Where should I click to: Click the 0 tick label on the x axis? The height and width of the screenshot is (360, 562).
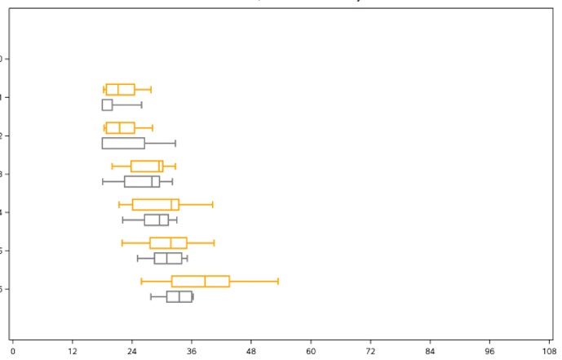[x=12, y=352]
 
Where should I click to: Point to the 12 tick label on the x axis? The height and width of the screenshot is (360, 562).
[x=72, y=352]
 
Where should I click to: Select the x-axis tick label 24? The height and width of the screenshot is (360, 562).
[x=131, y=352]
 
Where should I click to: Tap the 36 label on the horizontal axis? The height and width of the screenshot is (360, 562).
[x=192, y=352]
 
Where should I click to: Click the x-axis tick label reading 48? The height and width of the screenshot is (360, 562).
[x=251, y=352]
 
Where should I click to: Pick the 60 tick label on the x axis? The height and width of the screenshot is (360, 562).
[x=311, y=352]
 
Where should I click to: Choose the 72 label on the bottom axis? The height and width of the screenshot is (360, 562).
[x=370, y=352]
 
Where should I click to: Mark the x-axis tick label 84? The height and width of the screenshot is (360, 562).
[x=430, y=352]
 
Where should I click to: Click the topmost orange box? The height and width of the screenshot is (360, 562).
[x=120, y=89]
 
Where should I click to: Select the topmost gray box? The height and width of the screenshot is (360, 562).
[x=107, y=104]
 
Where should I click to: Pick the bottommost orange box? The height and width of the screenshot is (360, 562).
[x=201, y=281]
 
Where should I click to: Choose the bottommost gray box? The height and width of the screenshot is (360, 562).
[x=179, y=296]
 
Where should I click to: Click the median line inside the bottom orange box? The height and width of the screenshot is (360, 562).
[x=205, y=281]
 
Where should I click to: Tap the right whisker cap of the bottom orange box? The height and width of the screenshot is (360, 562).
[x=278, y=281]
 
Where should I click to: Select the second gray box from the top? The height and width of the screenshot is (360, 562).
[x=123, y=143]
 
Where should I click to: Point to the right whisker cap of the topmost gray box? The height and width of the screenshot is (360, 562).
[x=141, y=104]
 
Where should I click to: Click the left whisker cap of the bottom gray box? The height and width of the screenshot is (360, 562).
[x=151, y=296]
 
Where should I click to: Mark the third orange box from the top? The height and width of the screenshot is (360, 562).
[x=147, y=166]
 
